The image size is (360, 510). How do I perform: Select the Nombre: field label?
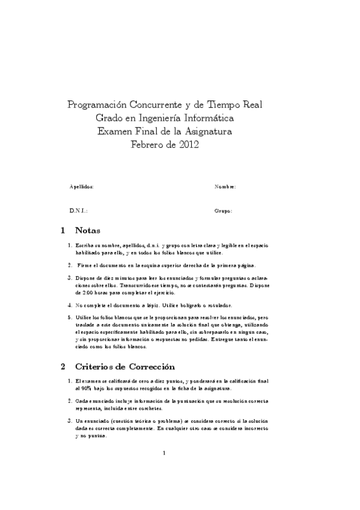coord(225,187)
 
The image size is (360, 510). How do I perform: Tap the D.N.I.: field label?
coord(78,211)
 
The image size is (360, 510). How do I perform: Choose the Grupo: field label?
coord(223,211)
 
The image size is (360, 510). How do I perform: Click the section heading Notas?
coord(88,230)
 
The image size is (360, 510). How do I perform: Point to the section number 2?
coord(63,366)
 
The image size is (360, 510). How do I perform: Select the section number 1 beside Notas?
coord(63,230)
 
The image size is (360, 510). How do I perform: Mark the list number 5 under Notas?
coord(70,316)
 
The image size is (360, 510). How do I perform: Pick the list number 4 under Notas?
coord(70,305)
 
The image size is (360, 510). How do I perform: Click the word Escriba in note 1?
coord(85,246)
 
